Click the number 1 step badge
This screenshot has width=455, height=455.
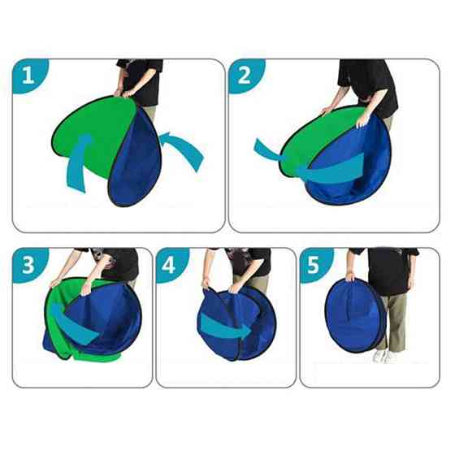(x=29, y=76)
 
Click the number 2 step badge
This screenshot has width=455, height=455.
(x=245, y=76)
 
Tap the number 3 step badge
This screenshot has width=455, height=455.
(x=29, y=265)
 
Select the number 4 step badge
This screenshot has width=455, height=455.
(x=171, y=265)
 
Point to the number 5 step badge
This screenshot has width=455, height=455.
(x=315, y=265)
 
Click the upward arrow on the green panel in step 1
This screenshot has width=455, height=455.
(x=77, y=162)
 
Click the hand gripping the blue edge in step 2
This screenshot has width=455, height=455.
(x=362, y=122)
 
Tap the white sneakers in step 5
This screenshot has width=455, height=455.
(x=383, y=357)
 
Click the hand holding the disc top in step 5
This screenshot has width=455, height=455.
(x=350, y=276)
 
